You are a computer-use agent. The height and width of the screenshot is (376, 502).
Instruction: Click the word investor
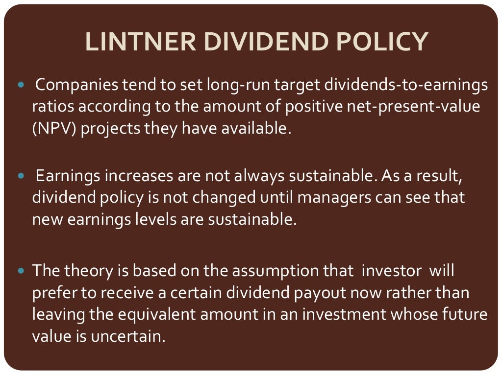point(381,270)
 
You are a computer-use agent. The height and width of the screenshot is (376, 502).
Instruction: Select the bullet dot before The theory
point(21,270)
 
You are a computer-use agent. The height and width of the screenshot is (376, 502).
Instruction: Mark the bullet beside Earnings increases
point(21,175)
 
